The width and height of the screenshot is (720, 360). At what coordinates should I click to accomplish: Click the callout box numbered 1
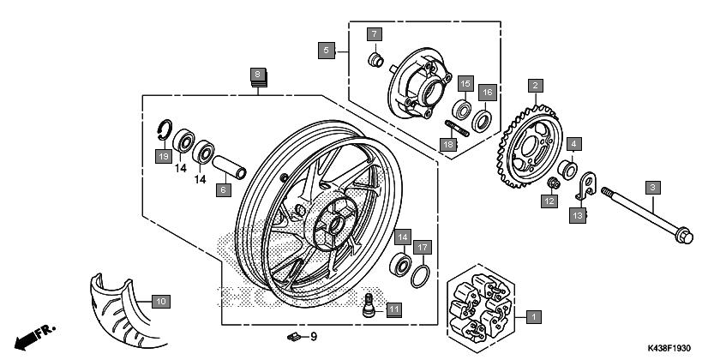532,317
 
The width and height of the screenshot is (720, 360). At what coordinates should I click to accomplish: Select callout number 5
326,50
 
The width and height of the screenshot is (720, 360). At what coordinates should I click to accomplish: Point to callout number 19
161,156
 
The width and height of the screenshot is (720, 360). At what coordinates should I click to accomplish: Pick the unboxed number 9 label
314,337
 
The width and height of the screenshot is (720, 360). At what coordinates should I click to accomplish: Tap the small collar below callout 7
375,59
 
